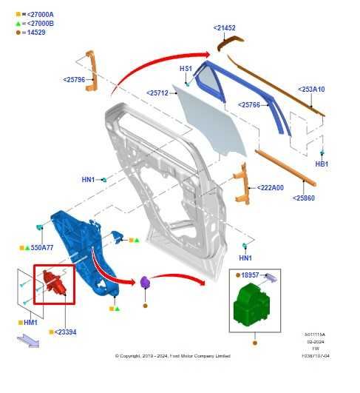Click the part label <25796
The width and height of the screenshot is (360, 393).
(x=74, y=79)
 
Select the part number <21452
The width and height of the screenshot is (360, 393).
(x=225, y=28)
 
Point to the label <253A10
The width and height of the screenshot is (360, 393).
(x=311, y=90)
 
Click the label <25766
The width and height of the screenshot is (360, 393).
(x=249, y=105)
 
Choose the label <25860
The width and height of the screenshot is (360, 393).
(x=304, y=198)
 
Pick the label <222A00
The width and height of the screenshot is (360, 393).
(x=271, y=188)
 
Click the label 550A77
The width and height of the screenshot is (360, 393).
(x=42, y=247)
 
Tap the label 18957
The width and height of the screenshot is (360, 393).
(x=250, y=275)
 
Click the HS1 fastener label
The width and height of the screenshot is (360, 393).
(x=186, y=69)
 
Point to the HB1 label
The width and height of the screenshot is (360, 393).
(x=322, y=164)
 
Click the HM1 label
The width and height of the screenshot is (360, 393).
(x=30, y=323)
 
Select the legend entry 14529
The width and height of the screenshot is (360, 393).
(x=35, y=33)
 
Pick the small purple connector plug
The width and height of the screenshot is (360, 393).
(x=145, y=281)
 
